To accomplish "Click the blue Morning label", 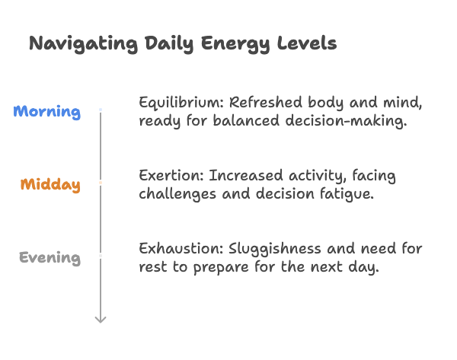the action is coord(47,112).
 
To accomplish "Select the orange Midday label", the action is coord(50,185).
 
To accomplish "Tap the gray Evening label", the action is coord(50,258).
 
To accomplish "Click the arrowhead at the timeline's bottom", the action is coord(101,320).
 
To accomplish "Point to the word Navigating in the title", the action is coord(83,44).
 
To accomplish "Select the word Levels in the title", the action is coord(307,43).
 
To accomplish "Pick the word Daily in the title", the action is coord(169,44).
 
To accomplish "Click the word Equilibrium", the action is coord(181,103).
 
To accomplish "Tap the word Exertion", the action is coord(171,176).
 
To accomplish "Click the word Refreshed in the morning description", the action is coord(266,102).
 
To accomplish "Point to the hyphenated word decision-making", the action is coord(346,121).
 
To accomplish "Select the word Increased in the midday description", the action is coord(246,175).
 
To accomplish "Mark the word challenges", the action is coord(177,194).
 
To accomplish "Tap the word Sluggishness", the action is coord(274,250).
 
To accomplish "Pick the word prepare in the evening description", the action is coord(221,268).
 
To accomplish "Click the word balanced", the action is coord(246,120).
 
